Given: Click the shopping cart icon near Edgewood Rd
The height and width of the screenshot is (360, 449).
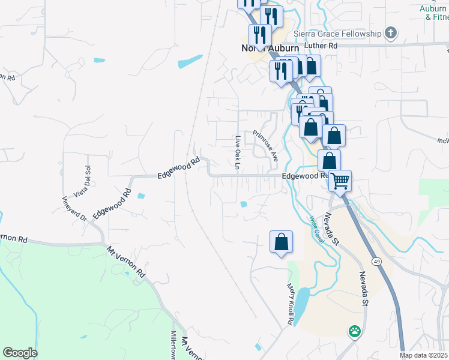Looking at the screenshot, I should (x=340, y=179).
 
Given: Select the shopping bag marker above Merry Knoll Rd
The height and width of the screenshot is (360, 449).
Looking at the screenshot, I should (x=281, y=242).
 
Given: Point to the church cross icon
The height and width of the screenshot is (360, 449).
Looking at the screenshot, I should (x=390, y=32).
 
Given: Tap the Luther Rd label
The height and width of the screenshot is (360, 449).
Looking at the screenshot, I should (x=321, y=46).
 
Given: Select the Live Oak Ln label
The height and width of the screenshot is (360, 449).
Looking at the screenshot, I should (x=238, y=152).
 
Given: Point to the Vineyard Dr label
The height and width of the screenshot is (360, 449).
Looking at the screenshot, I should (x=74, y=208).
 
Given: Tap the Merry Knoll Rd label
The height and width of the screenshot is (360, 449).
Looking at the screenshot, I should (x=289, y=304).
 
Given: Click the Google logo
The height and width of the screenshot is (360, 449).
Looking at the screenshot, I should (x=20, y=353).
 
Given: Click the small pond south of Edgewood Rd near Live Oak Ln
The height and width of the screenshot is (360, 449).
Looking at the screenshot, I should (x=244, y=205).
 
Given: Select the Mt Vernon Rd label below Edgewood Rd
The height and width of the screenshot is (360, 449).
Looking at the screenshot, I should (x=126, y=261).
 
